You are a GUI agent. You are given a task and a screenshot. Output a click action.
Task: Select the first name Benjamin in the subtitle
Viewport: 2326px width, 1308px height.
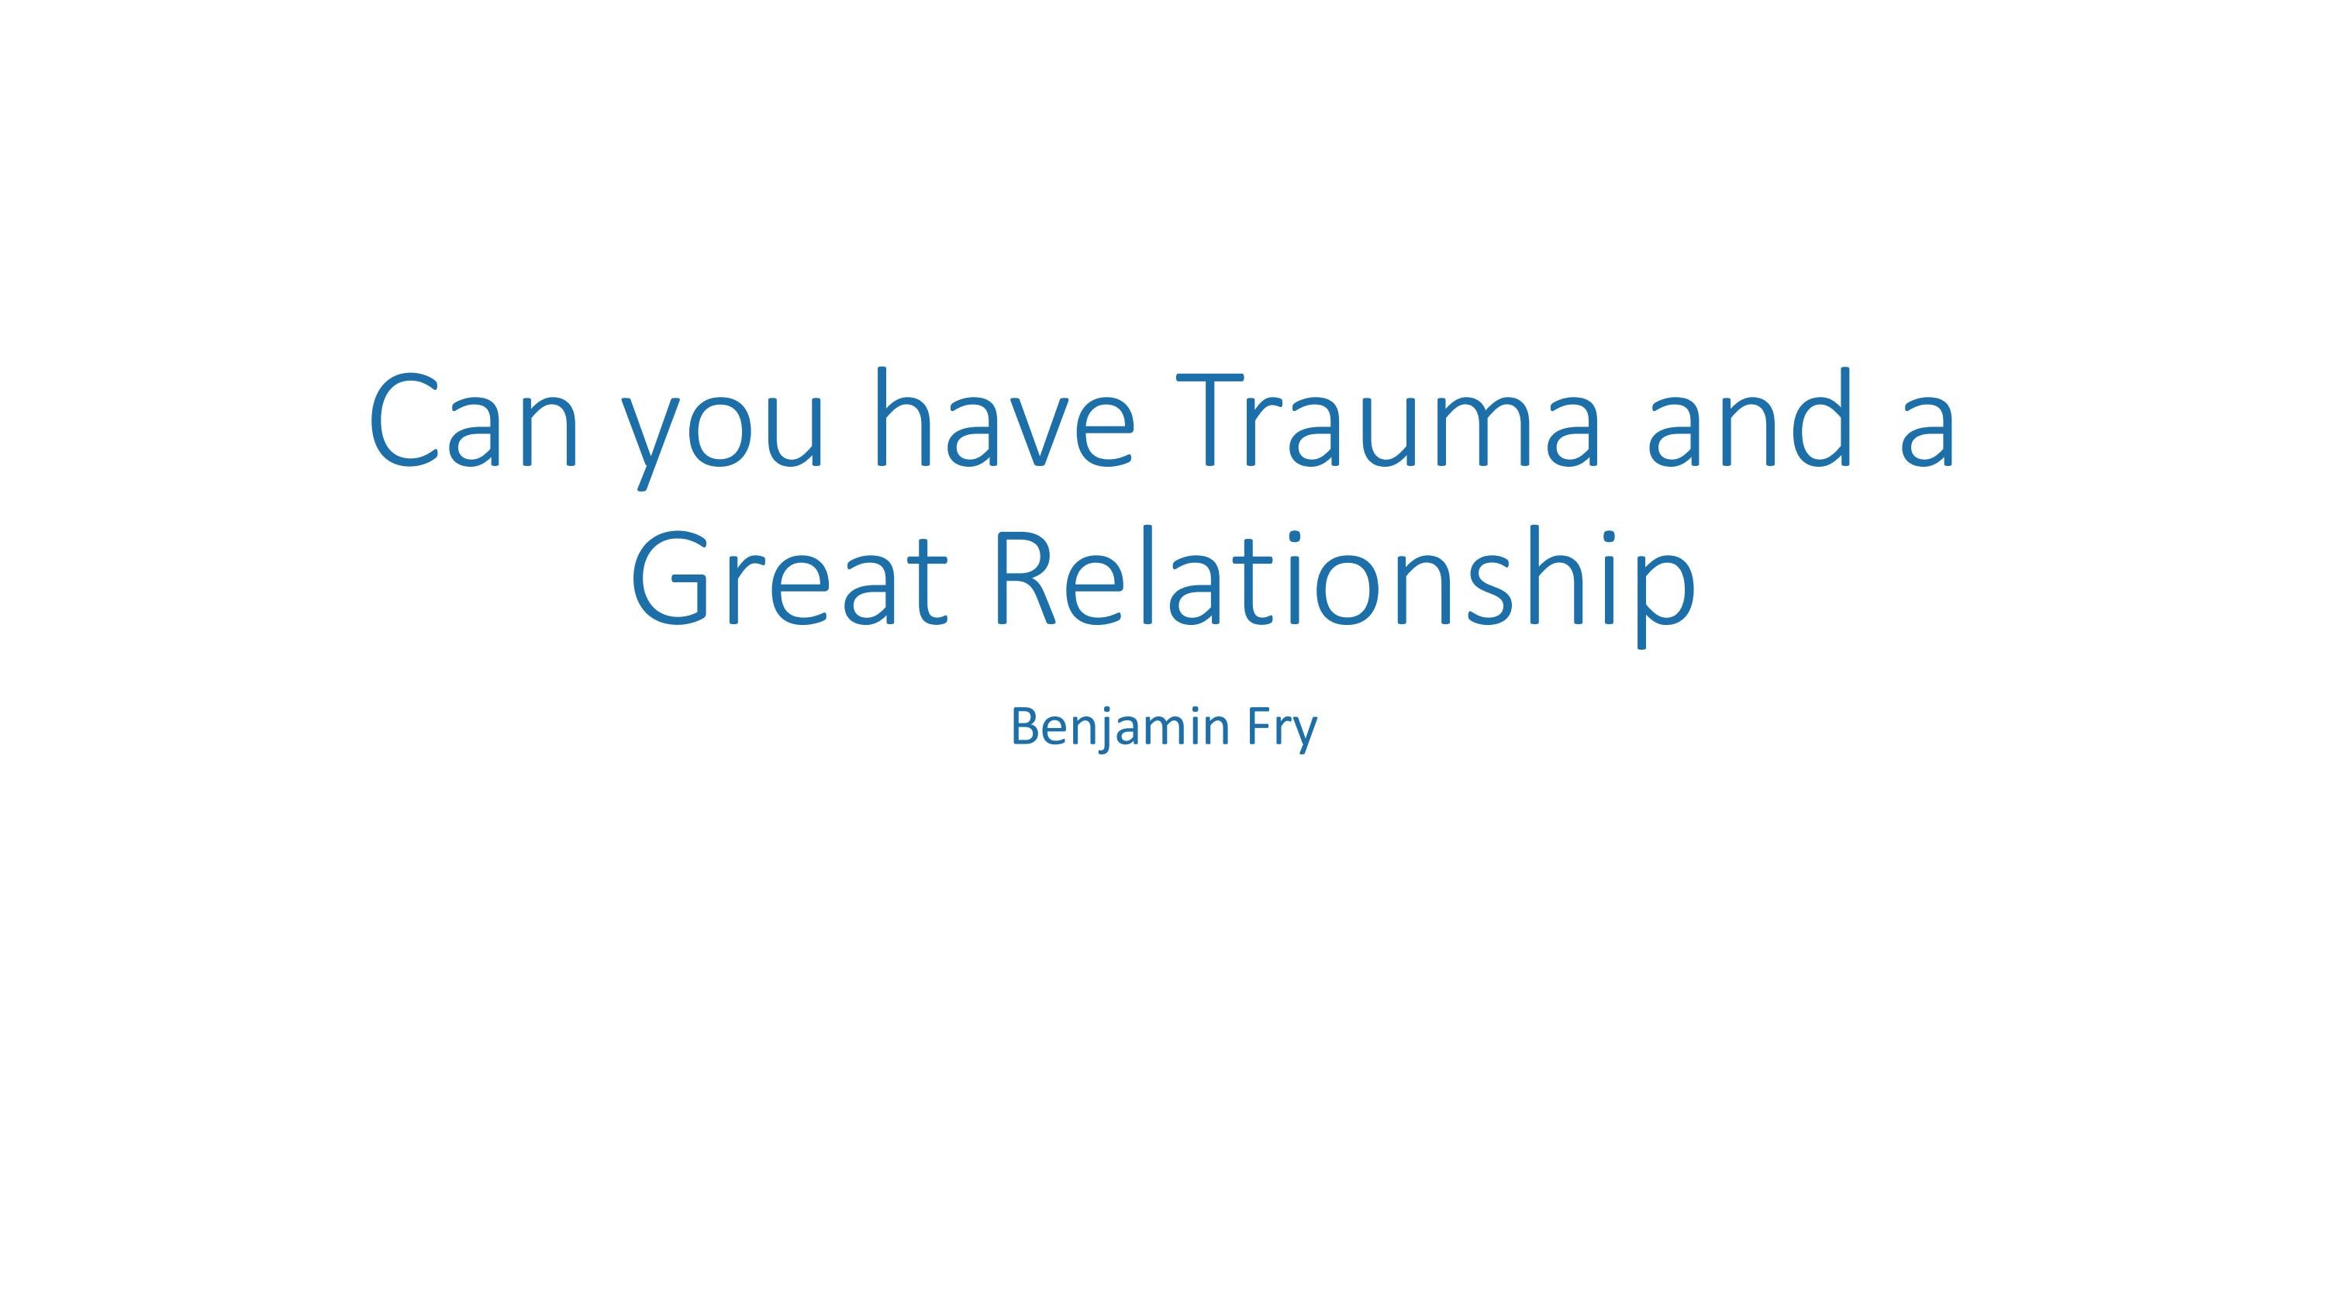[1120, 727]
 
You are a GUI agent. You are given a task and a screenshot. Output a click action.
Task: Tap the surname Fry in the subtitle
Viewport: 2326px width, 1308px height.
[1282, 730]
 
